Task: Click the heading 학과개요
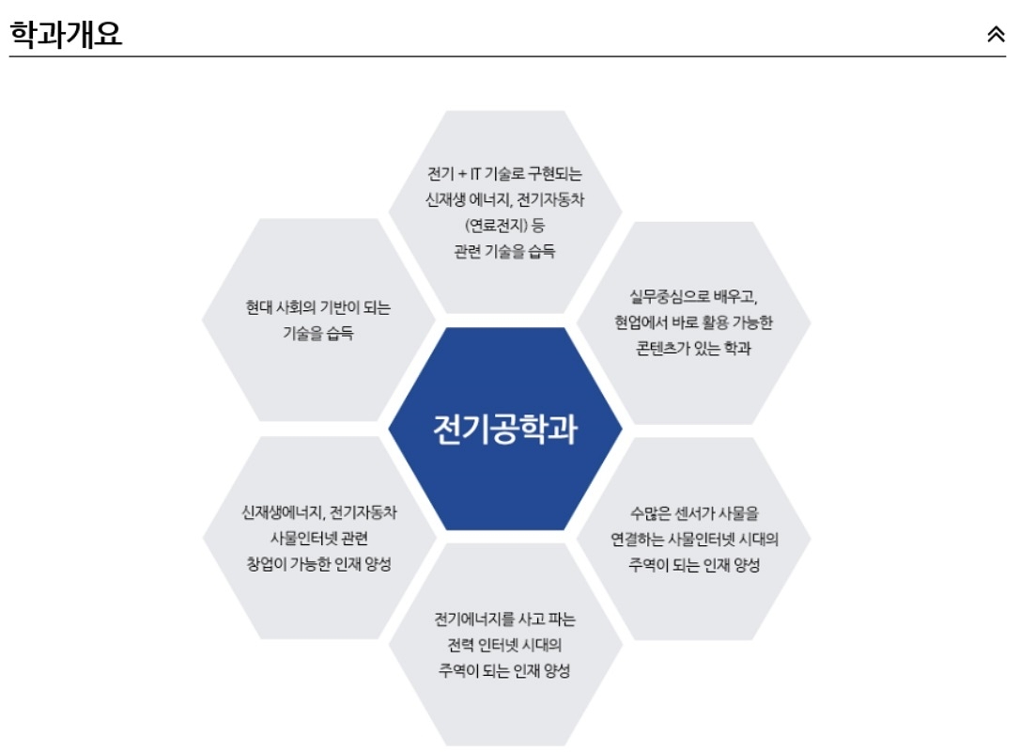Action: pyautogui.click(x=66, y=34)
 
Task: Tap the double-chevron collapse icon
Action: pyautogui.click(x=996, y=35)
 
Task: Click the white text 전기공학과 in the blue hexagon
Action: pyautogui.click(x=505, y=430)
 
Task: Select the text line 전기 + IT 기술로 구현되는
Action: pyautogui.click(x=505, y=174)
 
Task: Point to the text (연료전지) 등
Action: pyautogui.click(x=505, y=226)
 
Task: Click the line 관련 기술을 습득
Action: pyautogui.click(x=505, y=251)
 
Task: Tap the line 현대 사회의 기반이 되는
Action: pyautogui.click(x=318, y=307)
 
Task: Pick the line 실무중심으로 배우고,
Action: pyautogui.click(x=694, y=297)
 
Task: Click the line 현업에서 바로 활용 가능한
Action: pyautogui.click(x=694, y=323)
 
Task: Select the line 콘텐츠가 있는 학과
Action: pyautogui.click(x=694, y=349)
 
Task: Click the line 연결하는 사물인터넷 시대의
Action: pyautogui.click(x=694, y=540)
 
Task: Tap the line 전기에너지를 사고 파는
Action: pyautogui.click(x=505, y=619)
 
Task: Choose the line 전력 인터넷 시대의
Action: pyautogui.click(x=505, y=646)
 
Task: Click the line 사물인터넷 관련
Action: pyautogui.click(x=318, y=539)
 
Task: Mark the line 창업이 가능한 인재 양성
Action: pyautogui.click(x=318, y=564)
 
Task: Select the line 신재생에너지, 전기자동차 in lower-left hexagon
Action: pyautogui.click(x=318, y=512)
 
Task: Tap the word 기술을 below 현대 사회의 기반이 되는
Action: pyautogui.click(x=302, y=334)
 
